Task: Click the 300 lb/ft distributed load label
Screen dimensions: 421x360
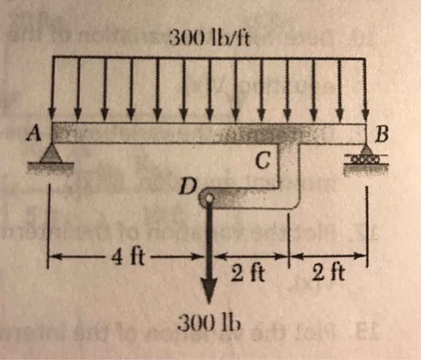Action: [x=210, y=40]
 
